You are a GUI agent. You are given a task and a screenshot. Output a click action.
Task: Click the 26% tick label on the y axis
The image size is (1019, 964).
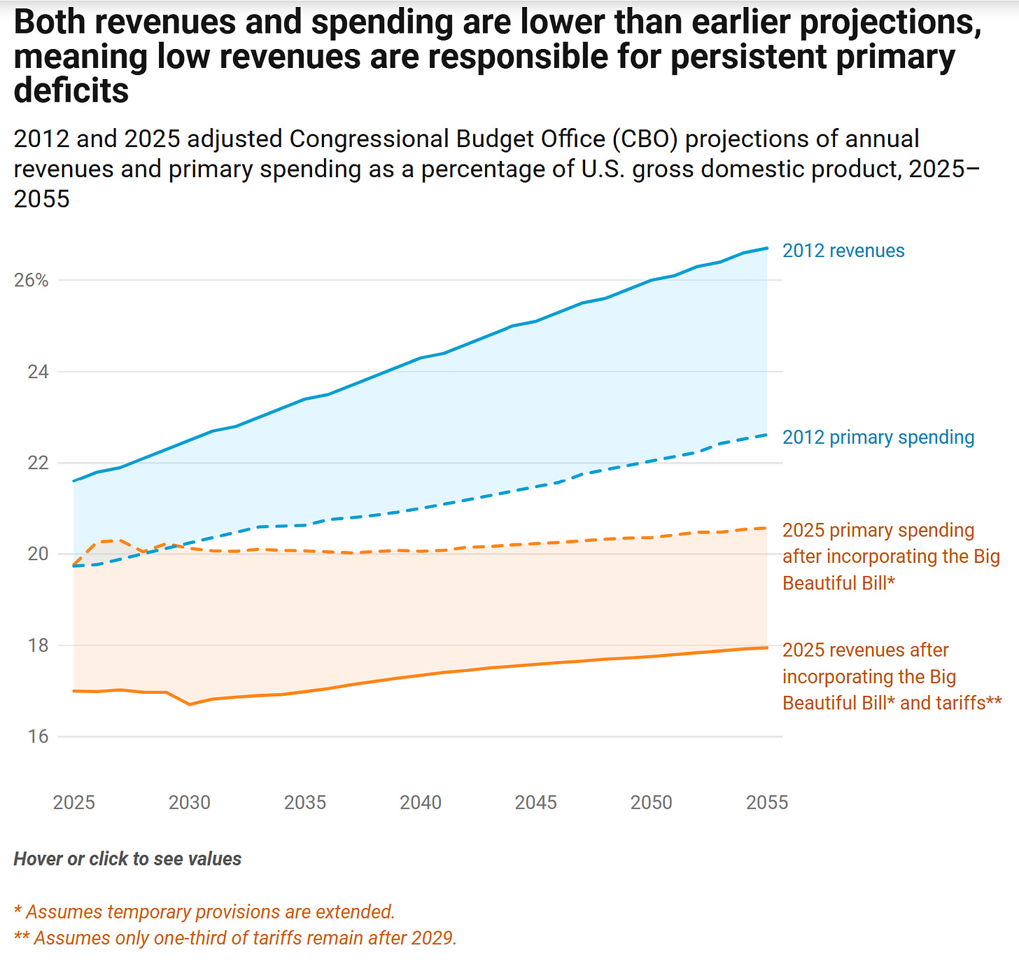(31, 281)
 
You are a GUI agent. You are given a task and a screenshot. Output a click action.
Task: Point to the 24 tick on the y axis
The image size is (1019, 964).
(38, 372)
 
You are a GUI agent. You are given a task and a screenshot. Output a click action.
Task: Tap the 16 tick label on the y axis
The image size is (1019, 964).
(38, 736)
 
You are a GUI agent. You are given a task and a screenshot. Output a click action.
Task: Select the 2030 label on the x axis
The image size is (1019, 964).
(189, 802)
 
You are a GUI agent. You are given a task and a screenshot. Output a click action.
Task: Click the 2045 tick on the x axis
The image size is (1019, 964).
(536, 802)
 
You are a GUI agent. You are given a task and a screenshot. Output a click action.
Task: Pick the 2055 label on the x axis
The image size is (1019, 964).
(767, 802)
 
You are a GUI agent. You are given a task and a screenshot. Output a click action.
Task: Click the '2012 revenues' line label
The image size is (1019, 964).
(843, 251)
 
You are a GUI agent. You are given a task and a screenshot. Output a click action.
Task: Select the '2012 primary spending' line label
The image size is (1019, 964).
(878, 438)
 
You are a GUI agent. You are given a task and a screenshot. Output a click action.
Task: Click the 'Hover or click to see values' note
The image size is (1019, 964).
(127, 859)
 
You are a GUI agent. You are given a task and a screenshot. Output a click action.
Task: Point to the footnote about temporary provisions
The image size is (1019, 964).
(204, 911)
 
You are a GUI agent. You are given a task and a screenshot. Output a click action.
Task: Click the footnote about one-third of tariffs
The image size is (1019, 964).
(235, 938)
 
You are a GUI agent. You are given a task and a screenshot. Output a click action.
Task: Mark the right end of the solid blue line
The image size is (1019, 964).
(767, 248)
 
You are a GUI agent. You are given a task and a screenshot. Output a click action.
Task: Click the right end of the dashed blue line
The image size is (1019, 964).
(767, 435)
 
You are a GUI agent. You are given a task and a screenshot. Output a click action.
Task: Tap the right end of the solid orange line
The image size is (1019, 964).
(767, 648)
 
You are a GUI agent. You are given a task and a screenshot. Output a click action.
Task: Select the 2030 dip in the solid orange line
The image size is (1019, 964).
(190, 704)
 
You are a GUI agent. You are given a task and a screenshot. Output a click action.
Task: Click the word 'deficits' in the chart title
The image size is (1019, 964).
(71, 91)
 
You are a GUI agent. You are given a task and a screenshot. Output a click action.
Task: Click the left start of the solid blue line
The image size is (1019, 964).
(73, 481)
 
